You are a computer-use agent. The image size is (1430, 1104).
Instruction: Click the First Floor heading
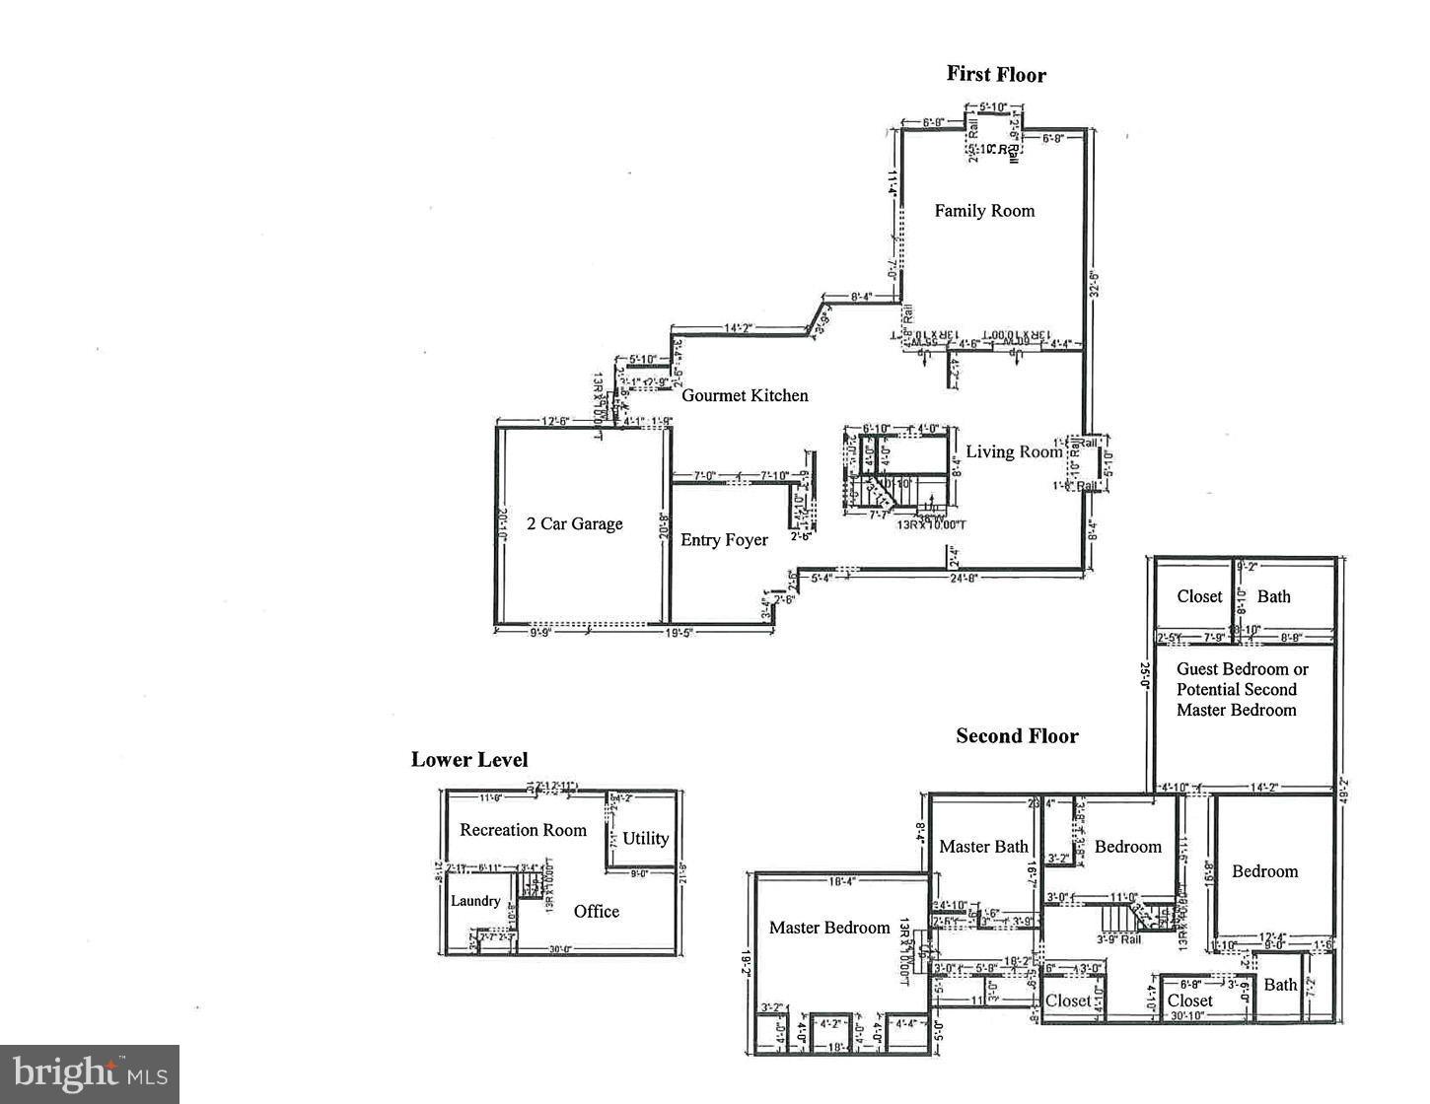[996, 75]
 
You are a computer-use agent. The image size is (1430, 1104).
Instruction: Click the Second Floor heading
[1017, 736]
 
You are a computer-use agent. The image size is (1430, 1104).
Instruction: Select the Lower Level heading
[469, 760]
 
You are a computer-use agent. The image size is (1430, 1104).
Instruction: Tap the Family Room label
[984, 210]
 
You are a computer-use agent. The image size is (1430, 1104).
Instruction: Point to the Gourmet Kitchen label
[745, 395]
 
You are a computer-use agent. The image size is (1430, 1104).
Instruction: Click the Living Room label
[1013, 451]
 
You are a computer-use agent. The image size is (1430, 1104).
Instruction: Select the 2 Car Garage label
[574, 523]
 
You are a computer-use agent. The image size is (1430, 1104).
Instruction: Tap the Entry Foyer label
[724, 539]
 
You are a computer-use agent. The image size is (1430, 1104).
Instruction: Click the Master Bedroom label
[829, 928]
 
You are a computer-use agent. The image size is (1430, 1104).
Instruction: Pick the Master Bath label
[983, 846]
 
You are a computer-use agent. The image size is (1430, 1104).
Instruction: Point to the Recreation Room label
[523, 830]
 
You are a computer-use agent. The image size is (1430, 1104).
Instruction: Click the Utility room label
[645, 839]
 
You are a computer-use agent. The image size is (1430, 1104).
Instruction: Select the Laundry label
[475, 901]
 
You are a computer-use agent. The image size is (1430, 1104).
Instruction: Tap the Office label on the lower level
[596, 912]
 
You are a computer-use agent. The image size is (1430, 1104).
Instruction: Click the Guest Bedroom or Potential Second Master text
[1242, 689]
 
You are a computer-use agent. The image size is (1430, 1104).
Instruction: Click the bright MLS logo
[90, 1071]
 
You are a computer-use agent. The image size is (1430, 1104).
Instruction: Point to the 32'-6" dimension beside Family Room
[1092, 283]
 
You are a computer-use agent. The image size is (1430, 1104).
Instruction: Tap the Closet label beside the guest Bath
[1199, 596]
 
